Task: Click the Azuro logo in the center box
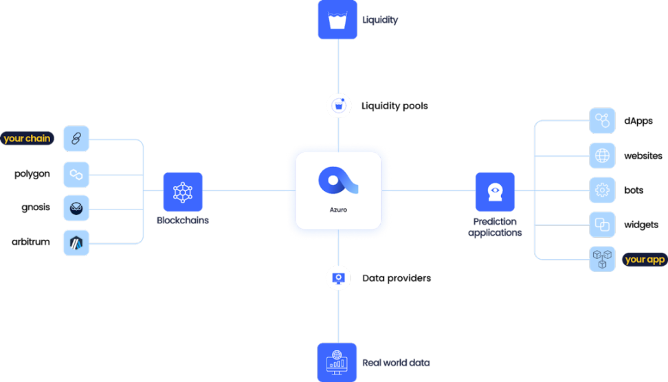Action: click(338, 182)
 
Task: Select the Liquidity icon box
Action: click(337, 20)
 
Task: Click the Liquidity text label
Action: click(380, 20)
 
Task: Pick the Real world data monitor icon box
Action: click(337, 361)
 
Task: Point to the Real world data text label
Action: click(396, 362)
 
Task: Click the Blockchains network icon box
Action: click(183, 192)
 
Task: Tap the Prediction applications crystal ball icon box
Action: click(495, 192)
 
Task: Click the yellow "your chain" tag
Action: click(27, 139)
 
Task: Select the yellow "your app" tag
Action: click(645, 260)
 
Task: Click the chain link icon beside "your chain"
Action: click(76, 139)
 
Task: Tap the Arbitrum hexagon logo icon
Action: click(76, 243)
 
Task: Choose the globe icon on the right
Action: click(602, 155)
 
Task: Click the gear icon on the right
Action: click(602, 190)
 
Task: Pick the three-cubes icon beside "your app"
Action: click(602, 259)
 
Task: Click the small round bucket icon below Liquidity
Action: click(338, 106)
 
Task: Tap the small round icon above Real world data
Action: click(338, 278)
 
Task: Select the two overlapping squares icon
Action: click(602, 225)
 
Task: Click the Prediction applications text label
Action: click(495, 227)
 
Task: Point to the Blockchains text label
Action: click(183, 221)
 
